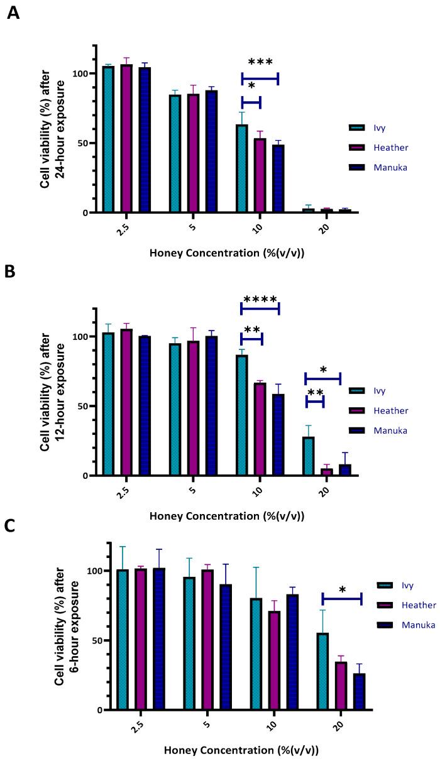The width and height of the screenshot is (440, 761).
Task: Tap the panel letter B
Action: tap(10, 272)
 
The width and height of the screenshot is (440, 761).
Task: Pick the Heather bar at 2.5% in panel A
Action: tap(126, 139)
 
